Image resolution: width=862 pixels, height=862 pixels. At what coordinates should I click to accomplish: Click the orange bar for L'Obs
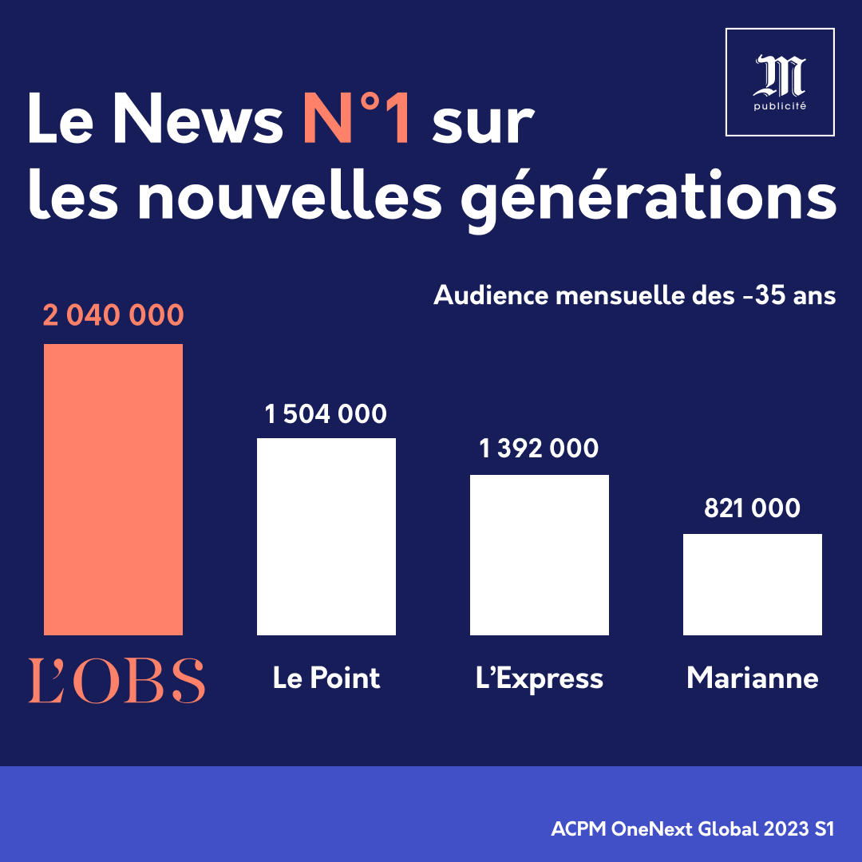(113, 489)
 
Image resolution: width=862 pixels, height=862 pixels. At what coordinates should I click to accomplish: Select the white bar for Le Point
(326, 536)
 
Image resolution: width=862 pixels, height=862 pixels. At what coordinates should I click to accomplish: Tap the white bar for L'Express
(540, 555)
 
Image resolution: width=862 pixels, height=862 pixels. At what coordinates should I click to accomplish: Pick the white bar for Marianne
(753, 584)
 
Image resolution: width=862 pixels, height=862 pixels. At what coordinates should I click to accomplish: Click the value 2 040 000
(113, 315)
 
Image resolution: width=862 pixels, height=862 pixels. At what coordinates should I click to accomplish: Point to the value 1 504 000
(326, 414)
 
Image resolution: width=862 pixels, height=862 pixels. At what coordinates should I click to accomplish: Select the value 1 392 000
(539, 449)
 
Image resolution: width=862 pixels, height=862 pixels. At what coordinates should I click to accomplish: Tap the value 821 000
(752, 508)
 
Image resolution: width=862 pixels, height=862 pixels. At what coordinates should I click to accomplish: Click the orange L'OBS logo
(117, 681)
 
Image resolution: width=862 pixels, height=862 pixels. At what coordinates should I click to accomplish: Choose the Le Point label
(326, 678)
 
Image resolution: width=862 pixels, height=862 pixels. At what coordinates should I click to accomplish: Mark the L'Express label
(540, 678)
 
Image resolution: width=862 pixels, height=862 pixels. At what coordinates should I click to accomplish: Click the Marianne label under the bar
(753, 678)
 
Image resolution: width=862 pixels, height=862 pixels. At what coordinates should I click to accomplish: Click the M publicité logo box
(780, 82)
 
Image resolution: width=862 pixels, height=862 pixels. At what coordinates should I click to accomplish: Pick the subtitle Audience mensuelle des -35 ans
(635, 295)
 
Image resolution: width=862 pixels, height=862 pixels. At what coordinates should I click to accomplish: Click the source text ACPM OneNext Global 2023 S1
(693, 829)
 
